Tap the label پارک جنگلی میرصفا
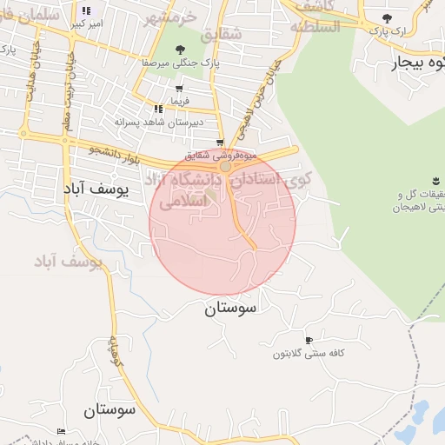[x=180, y=63]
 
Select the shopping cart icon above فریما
[x=179, y=89]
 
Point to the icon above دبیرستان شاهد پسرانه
[x=158, y=109]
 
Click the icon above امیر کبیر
[x=85, y=10]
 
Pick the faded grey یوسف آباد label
[x=68, y=260]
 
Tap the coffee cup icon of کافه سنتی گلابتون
[x=309, y=340]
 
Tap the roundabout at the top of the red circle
[x=225, y=165]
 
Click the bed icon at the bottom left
[x=61, y=431]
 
